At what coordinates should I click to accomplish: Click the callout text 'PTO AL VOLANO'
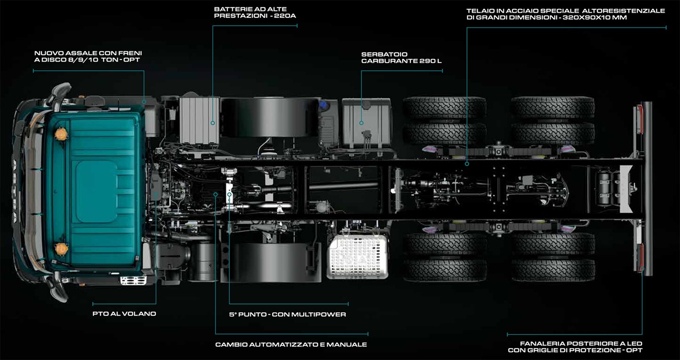click(124, 314)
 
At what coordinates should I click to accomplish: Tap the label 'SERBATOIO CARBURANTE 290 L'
click(401, 58)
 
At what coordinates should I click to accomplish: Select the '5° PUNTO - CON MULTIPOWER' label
click(287, 314)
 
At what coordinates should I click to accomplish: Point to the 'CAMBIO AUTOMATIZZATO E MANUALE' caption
click(291, 344)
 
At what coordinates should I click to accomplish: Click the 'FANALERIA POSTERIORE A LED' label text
click(581, 343)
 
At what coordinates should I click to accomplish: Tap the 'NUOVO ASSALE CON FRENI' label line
click(88, 53)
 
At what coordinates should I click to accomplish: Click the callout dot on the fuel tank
click(361, 123)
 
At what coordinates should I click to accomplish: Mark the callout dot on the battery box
click(212, 123)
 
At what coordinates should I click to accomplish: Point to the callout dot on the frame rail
click(467, 164)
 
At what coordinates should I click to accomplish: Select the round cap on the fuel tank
click(366, 105)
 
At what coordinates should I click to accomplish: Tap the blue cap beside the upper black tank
click(323, 105)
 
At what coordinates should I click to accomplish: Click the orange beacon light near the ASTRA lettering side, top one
click(61, 133)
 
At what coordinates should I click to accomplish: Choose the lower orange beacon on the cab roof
click(61, 248)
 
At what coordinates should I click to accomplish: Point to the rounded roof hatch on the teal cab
click(96, 191)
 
